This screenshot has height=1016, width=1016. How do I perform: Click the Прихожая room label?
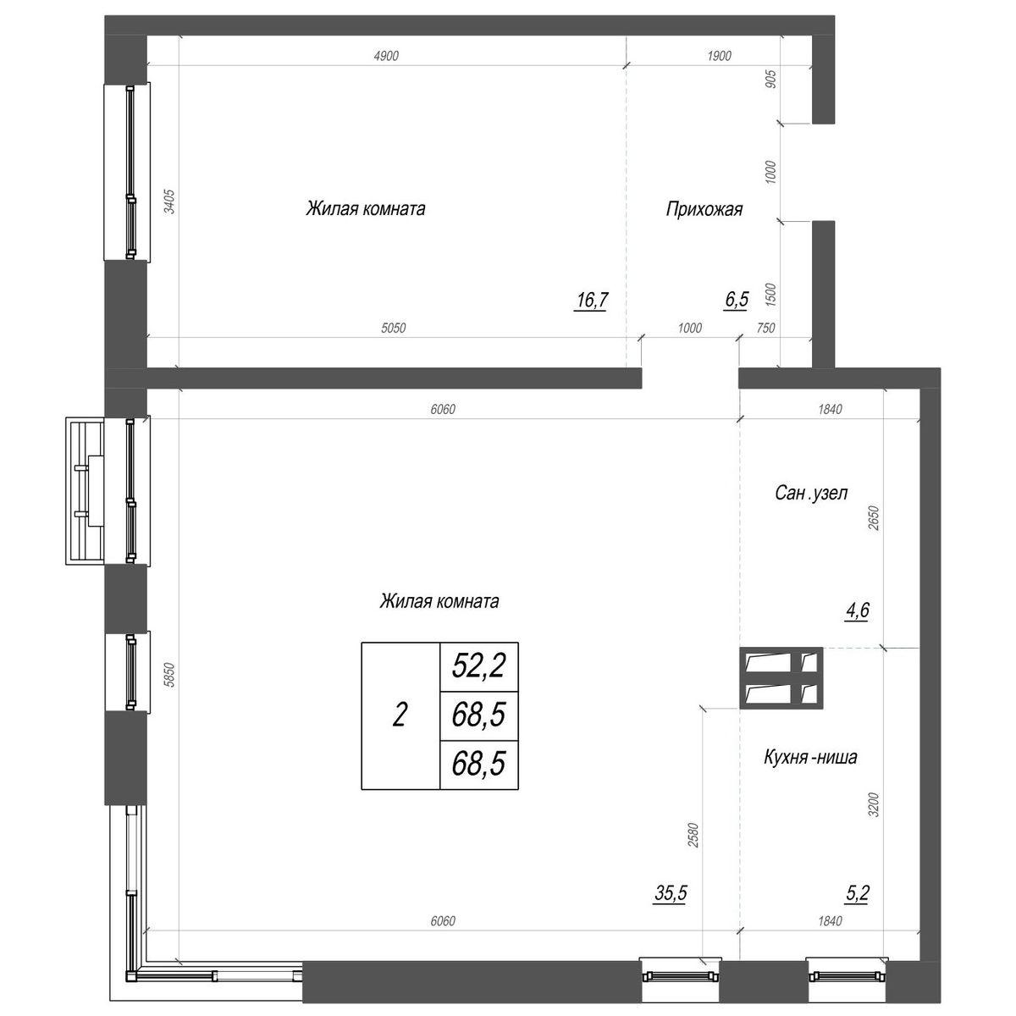[x=704, y=209]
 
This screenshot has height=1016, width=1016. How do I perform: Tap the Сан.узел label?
[x=811, y=493]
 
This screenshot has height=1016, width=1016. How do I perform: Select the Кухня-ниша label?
[x=810, y=757]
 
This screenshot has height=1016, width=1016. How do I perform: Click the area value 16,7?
[x=592, y=300]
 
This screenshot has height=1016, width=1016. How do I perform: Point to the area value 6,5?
[x=737, y=300]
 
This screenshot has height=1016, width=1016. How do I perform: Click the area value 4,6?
[x=858, y=610]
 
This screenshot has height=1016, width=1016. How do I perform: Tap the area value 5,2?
[x=858, y=893]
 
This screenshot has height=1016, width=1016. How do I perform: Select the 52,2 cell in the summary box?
[x=478, y=665]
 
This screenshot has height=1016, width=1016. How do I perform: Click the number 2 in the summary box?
[x=400, y=715]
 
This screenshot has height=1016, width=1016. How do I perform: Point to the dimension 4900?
[x=386, y=56]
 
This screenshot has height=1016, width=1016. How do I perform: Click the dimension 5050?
[x=394, y=328]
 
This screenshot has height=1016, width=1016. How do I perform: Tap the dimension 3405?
[x=169, y=201]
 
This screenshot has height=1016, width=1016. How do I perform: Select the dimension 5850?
[x=169, y=675]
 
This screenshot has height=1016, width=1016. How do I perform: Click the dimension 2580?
[x=693, y=835]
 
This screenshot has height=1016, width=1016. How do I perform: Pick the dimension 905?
[x=770, y=79]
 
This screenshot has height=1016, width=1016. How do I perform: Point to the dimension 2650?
[x=874, y=518]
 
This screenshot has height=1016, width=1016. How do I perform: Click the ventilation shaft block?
[x=781, y=678]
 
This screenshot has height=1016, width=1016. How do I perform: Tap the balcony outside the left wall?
[x=85, y=491]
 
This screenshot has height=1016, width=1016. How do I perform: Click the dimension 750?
[x=765, y=328]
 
